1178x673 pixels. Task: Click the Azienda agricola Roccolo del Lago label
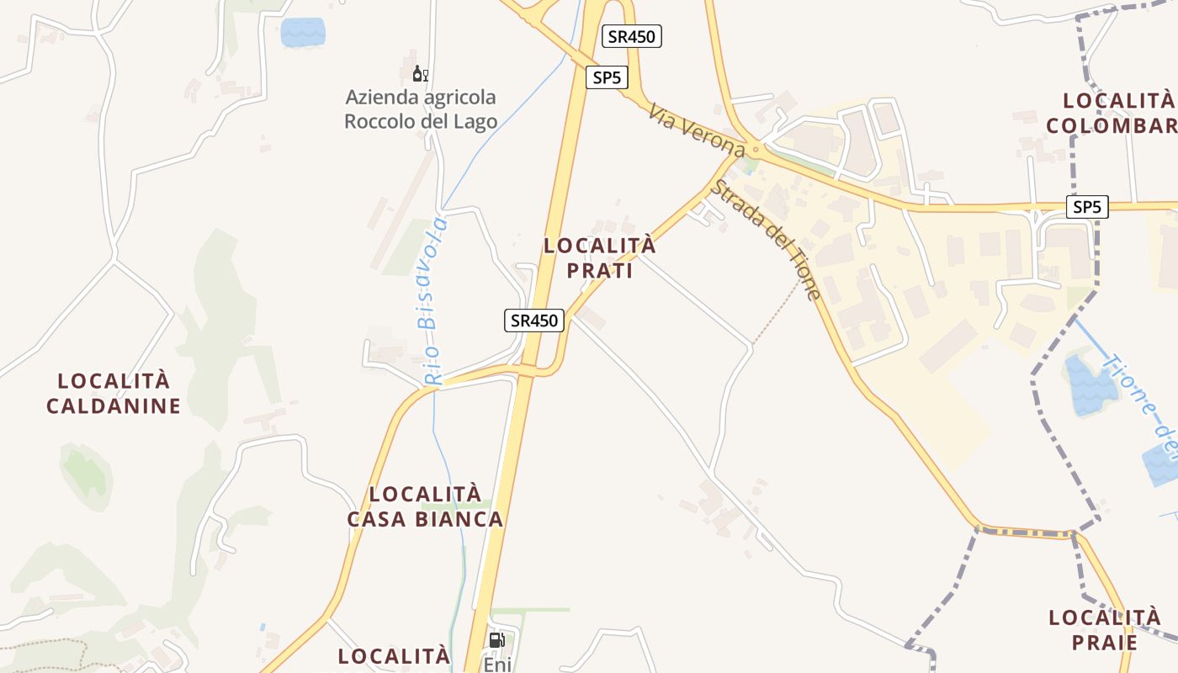click(x=421, y=109)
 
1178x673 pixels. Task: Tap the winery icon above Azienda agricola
click(x=420, y=75)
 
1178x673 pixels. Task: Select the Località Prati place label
click(x=599, y=258)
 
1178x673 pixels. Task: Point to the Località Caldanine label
click(x=114, y=393)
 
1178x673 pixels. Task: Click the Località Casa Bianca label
click(x=425, y=506)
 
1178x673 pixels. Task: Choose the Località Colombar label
click(x=1111, y=113)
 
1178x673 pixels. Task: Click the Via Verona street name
click(x=696, y=130)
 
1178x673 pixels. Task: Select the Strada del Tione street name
click(x=765, y=239)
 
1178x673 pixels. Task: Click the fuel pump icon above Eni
click(x=496, y=640)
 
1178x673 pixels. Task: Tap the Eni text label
click(x=496, y=664)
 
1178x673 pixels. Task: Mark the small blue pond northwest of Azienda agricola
click(x=302, y=32)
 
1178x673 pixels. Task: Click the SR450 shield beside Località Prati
click(x=534, y=321)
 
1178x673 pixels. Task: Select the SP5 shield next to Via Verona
click(x=607, y=78)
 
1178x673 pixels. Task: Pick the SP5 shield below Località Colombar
click(x=1087, y=207)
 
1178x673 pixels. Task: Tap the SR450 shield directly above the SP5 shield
click(x=632, y=36)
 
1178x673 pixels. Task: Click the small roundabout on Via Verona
click(x=756, y=151)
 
